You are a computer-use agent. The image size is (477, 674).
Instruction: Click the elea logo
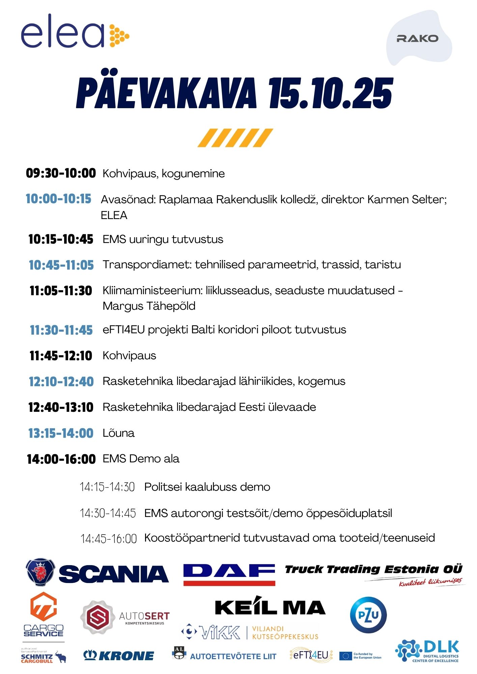[x=75, y=31]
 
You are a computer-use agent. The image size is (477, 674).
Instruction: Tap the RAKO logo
[x=417, y=38]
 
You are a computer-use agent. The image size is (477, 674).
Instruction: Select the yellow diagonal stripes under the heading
[x=235, y=138]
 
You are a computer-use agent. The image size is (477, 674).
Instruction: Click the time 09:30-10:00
[x=61, y=173]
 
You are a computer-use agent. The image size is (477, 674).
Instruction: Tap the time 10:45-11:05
[x=61, y=265]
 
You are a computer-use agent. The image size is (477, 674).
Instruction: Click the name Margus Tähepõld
[x=149, y=306]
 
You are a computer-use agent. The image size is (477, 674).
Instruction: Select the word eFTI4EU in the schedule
[x=123, y=330]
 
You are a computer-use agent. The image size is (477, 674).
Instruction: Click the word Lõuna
[x=118, y=433]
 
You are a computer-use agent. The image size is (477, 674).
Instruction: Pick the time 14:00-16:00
[x=61, y=459]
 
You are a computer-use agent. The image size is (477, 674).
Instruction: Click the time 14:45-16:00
[x=108, y=539]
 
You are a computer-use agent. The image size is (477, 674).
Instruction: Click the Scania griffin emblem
[x=40, y=572]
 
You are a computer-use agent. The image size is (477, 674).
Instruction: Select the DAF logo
[x=229, y=574]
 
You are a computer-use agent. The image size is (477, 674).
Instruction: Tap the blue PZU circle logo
[x=368, y=615]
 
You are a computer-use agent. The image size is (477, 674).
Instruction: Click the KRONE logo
[x=119, y=655]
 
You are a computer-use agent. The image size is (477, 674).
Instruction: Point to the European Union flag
[x=345, y=656]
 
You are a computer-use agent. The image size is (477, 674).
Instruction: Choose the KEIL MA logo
[x=270, y=607]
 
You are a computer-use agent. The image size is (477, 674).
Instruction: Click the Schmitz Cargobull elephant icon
[x=61, y=656]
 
